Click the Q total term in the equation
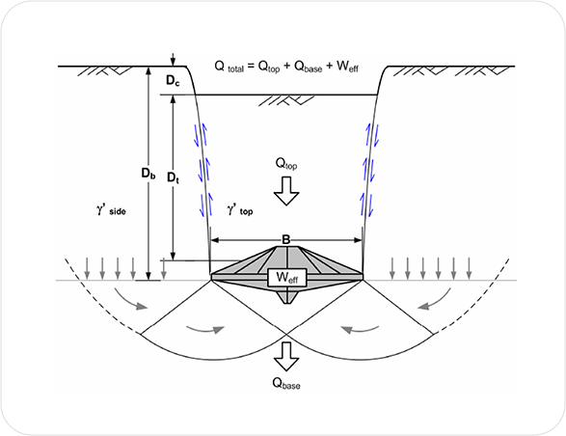229,67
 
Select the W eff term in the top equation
347,67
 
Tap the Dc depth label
173,81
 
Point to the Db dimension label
148,174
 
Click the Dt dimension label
174,177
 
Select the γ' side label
111,210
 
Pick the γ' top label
240,210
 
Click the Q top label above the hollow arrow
286,164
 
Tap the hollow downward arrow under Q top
286,191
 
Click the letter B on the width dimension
285,240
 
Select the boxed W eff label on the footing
287,278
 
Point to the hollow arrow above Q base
286,356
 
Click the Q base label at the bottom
286,383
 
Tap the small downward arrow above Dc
173,60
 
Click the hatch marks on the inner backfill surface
286,100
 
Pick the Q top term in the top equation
269,67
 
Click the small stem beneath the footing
287,297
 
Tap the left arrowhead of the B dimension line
215,240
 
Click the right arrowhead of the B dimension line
358,240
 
